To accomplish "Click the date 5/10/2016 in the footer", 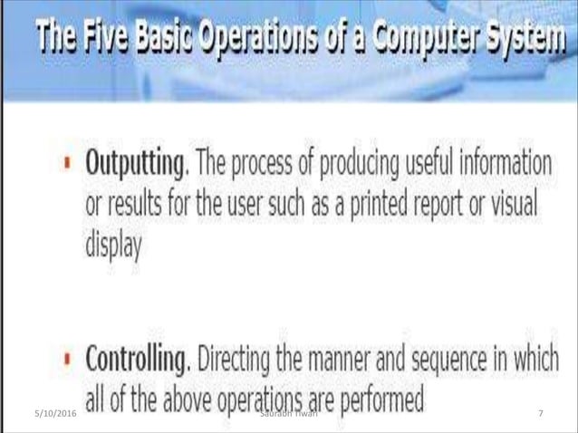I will (x=35, y=413).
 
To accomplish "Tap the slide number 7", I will (x=540, y=413).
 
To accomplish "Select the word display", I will (x=113, y=245).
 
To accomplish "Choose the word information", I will (x=503, y=169).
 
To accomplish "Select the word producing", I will (x=353, y=169).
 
